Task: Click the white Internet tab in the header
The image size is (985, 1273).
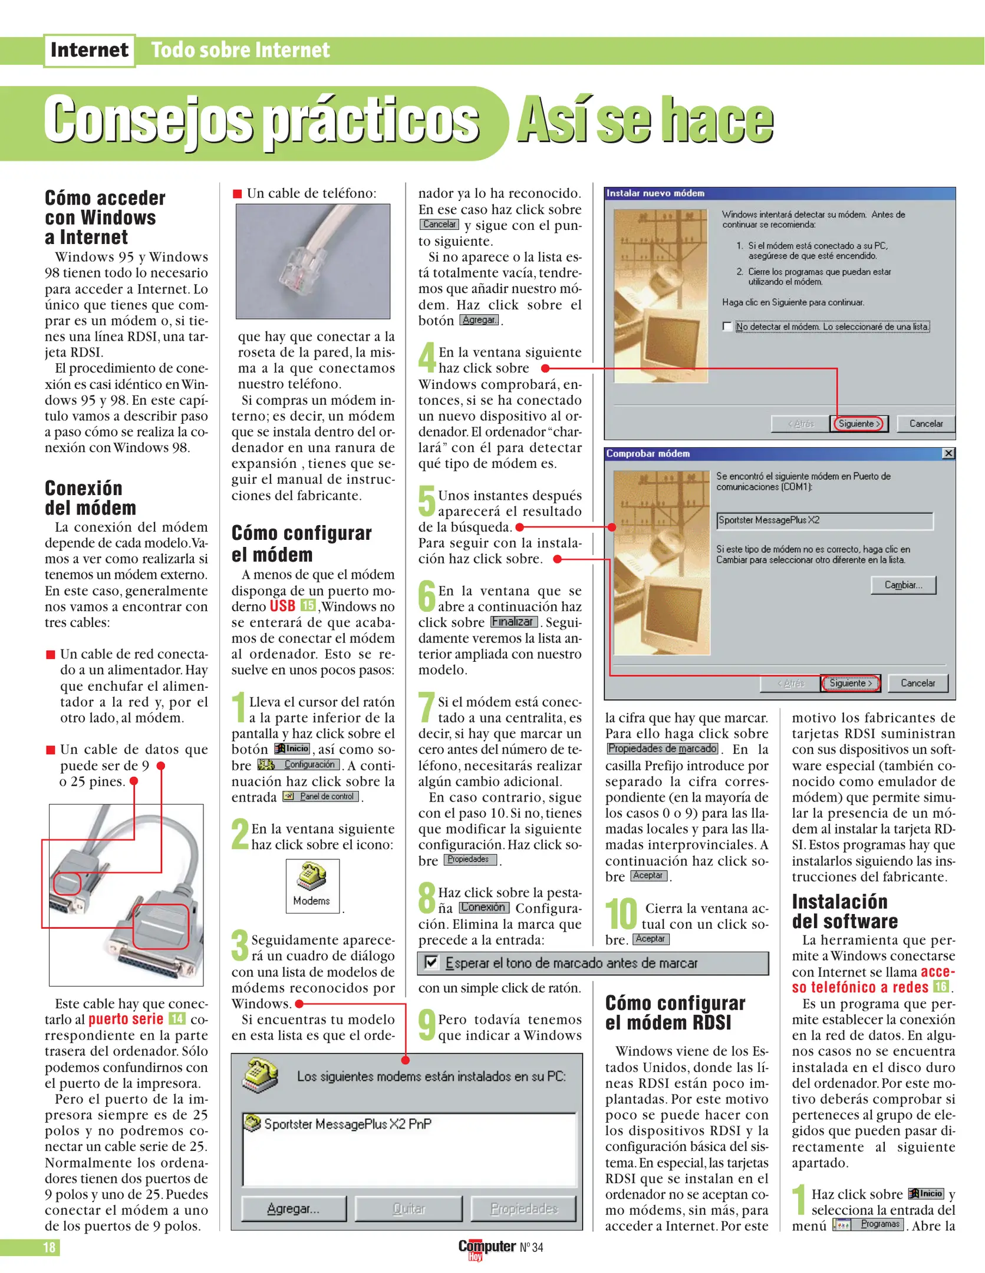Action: coord(89,51)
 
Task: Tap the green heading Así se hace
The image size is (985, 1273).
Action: coord(645,120)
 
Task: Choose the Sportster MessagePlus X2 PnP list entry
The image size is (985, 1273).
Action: coord(347,1124)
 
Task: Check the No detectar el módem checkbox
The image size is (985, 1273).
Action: coord(727,327)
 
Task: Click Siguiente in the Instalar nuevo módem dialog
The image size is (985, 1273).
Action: coord(859,424)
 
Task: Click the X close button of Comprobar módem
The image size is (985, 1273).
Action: coord(948,453)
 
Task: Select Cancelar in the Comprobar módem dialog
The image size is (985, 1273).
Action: coord(917,683)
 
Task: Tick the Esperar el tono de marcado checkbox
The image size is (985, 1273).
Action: coord(431,963)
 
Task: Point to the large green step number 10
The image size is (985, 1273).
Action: coord(621,914)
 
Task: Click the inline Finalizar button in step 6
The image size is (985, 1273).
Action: coord(513,622)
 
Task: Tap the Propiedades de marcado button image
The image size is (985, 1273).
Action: coord(662,748)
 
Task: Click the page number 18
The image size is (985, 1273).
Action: coord(49,1247)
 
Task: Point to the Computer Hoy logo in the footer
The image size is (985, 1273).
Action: coord(487,1247)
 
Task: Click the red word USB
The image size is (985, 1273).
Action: coord(282,606)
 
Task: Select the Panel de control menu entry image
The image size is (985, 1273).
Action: coord(321,797)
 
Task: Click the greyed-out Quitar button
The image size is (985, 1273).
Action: coord(409,1209)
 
